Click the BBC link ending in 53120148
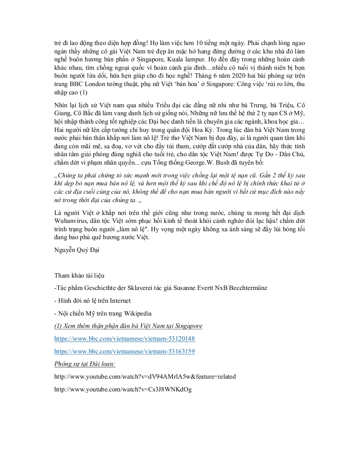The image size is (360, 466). click(124, 339)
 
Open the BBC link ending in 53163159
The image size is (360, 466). click(124, 352)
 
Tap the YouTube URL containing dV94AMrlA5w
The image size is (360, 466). click(145, 377)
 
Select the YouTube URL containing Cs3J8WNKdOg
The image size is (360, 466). click(123, 390)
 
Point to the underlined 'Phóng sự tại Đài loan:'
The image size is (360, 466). click(84, 365)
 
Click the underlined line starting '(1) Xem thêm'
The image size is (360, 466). click(128, 326)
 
